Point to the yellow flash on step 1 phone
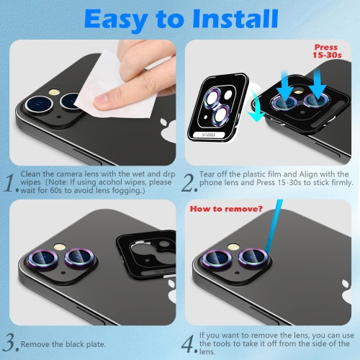(52, 94)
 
